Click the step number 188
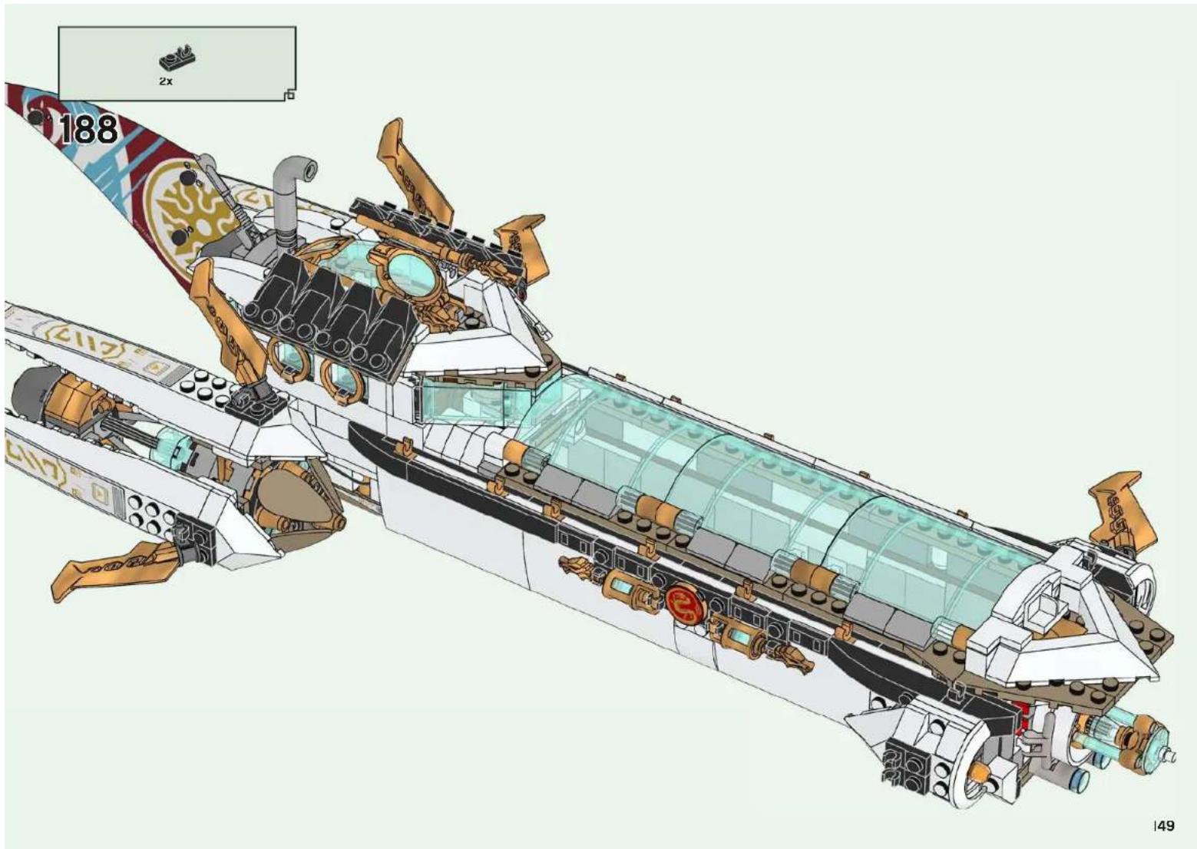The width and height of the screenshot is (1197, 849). [x=89, y=130]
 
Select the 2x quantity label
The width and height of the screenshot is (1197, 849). [x=166, y=81]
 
